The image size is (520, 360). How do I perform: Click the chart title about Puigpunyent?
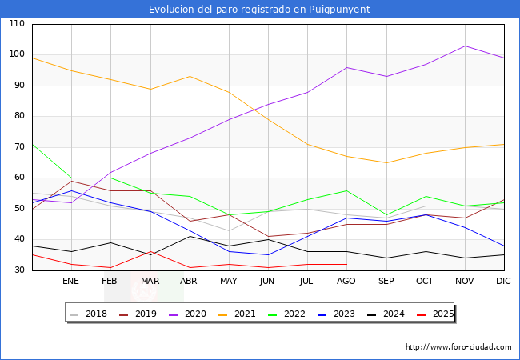259,10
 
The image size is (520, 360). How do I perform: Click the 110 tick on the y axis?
17,24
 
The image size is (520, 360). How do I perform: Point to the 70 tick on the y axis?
17,147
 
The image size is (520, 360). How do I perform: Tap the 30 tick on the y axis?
17,270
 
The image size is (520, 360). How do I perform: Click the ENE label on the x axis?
71,281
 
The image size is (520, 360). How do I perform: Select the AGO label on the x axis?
346,281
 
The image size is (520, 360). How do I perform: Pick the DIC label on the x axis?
503,281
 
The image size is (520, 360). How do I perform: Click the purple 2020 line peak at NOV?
465,46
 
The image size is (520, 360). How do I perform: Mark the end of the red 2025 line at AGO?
346,264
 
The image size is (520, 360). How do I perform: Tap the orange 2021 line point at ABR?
189,77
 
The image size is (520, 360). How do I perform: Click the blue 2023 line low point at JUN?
267,255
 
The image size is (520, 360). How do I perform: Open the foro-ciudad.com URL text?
458,347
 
